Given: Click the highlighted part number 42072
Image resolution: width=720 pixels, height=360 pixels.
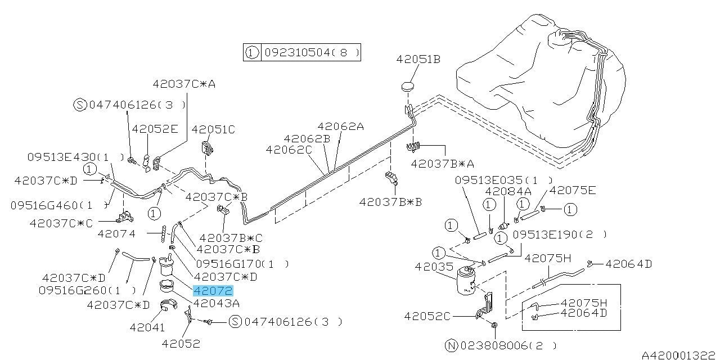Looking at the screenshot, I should (x=213, y=291).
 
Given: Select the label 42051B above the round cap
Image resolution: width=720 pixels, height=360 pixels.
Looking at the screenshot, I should (x=418, y=58).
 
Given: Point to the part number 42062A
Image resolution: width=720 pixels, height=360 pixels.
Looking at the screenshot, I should (x=340, y=127).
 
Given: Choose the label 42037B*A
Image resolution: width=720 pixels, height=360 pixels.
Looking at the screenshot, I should (x=442, y=164).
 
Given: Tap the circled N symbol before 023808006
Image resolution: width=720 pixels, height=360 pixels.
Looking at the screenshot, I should (x=451, y=346).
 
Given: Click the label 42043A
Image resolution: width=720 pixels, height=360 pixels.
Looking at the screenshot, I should (x=216, y=304).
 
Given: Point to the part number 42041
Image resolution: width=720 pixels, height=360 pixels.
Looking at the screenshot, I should (x=147, y=327).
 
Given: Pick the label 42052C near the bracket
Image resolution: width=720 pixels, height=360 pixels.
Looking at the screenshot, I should (x=427, y=316).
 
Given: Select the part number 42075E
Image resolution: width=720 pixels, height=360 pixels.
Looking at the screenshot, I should (x=572, y=190).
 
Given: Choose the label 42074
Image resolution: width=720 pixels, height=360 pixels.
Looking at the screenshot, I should (x=116, y=233).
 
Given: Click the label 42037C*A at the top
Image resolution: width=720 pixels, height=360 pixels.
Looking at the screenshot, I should (x=184, y=84).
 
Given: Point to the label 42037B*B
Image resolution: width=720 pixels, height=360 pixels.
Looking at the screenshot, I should (x=390, y=201).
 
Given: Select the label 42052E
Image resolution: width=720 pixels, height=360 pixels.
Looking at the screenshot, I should (x=155, y=129).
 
